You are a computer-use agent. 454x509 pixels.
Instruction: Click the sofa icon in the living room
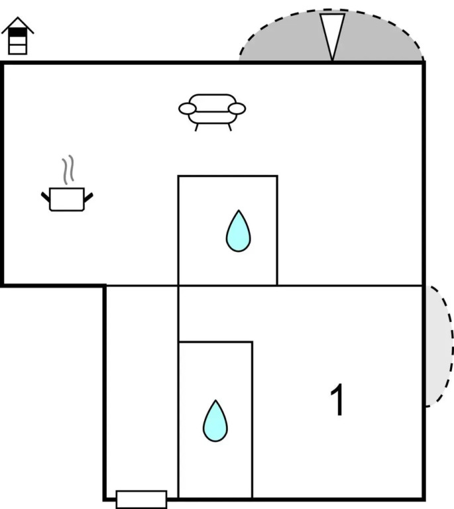click(x=212, y=110)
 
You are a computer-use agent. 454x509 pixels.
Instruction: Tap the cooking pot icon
click(x=67, y=199)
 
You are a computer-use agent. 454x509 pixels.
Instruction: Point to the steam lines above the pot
click(x=67, y=170)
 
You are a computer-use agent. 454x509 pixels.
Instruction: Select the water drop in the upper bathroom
click(x=237, y=231)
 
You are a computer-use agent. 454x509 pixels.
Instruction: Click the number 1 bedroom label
click(x=338, y=400)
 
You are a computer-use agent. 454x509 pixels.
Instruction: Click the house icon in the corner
click(x=18, y=36)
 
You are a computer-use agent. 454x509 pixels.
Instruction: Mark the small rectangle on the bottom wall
click(x=141, y=499)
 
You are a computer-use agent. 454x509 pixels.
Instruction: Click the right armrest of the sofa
click(x=237, y=108)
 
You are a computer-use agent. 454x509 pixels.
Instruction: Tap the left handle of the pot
click(x=46, y=196)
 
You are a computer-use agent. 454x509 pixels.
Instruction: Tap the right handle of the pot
click(x=88, y=196)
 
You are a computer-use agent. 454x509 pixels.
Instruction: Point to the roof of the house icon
click(x=18, y=25)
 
